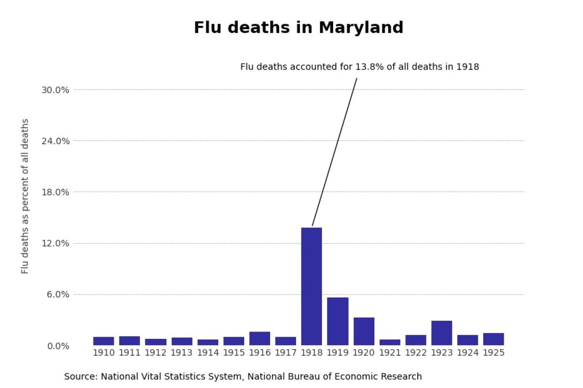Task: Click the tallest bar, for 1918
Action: [x=312, y=286]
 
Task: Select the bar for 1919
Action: [x=338, y=321]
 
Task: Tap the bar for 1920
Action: [x=363, y=331]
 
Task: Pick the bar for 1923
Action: [x=441, y=333]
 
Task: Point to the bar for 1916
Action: [x=260, y=338]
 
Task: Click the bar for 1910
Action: [x=103, y=341]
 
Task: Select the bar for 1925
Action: [x=493, y=339]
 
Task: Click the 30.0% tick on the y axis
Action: [x=55, y=90]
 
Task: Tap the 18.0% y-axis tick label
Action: [x=55, y=192]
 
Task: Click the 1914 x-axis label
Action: [x=208, y=353]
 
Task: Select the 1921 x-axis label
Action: [x=389, y=353]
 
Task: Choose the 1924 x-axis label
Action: [x=467, y=353]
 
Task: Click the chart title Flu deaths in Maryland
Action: [x=298, y=28]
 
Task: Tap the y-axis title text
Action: [x=25, y=196]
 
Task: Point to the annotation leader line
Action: [x=334, y=152]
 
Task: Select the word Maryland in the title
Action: [x=361, y=28]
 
